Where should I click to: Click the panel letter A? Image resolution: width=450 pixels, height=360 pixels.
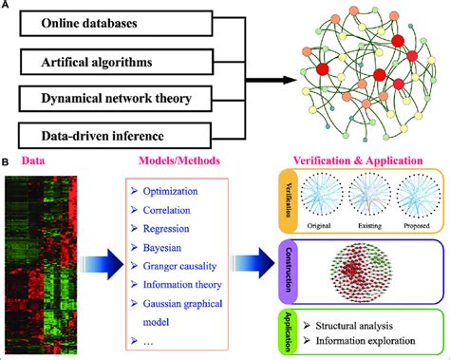[7, 7]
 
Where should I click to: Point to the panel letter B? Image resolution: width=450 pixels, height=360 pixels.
[7, 162]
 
